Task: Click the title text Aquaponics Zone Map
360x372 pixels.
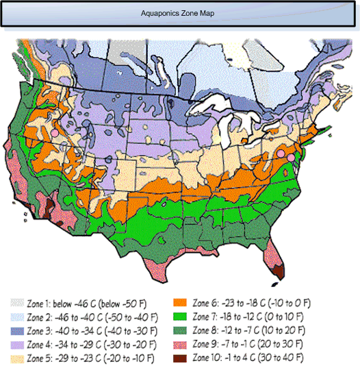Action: click(180, 14)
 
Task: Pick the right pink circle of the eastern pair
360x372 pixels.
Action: click(291, 158)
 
